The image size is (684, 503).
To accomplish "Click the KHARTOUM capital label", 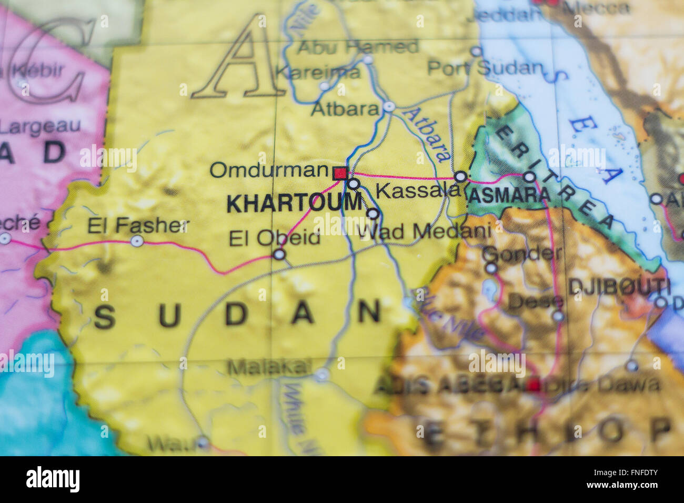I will (294, 203).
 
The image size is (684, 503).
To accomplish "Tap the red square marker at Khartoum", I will (340, 172).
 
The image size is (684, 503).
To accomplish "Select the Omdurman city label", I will (269, 170).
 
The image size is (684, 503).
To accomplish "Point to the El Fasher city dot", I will (137, 241).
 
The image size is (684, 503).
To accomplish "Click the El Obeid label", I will (274, 238).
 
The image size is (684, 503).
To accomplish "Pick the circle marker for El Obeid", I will (279, 255).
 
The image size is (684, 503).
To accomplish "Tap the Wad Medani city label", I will (424, 231).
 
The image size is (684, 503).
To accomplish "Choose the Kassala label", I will (417, 191).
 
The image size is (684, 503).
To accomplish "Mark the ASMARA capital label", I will (509, 195).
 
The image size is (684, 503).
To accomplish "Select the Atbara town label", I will (345, 109).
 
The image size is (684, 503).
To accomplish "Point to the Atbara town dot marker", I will (389, 107).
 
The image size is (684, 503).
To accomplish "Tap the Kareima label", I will (318, 72).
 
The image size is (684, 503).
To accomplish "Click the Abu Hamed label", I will (358, 47).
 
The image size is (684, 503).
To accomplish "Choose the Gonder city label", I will (522, 254).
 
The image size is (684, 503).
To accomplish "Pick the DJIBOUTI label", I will (619, 287).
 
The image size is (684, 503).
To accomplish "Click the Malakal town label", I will (270, 367).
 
